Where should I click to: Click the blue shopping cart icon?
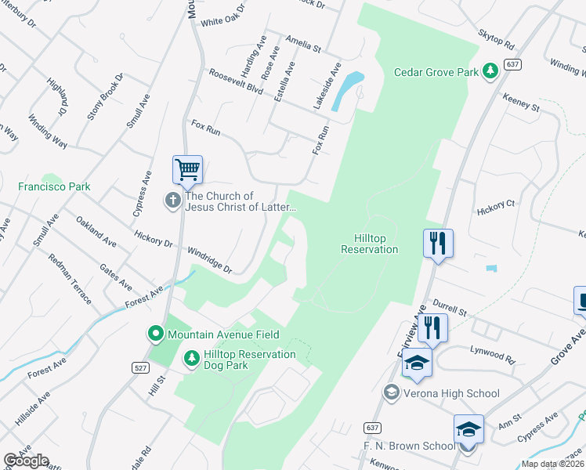(x=187, y=169)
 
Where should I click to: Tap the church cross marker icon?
(x=173, y=201)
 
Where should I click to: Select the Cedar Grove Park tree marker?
(x=490, y=72)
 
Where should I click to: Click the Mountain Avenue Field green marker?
(x=156, y=334)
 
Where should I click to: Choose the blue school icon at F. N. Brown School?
(x=468, y=429)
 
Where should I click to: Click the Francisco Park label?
(x=54, y=186)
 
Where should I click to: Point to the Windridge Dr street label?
(x=210, y=260)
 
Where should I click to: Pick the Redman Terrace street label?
(x=71, y=279)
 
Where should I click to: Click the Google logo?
(x=26, y=461)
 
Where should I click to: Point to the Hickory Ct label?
(x=496, y=208)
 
